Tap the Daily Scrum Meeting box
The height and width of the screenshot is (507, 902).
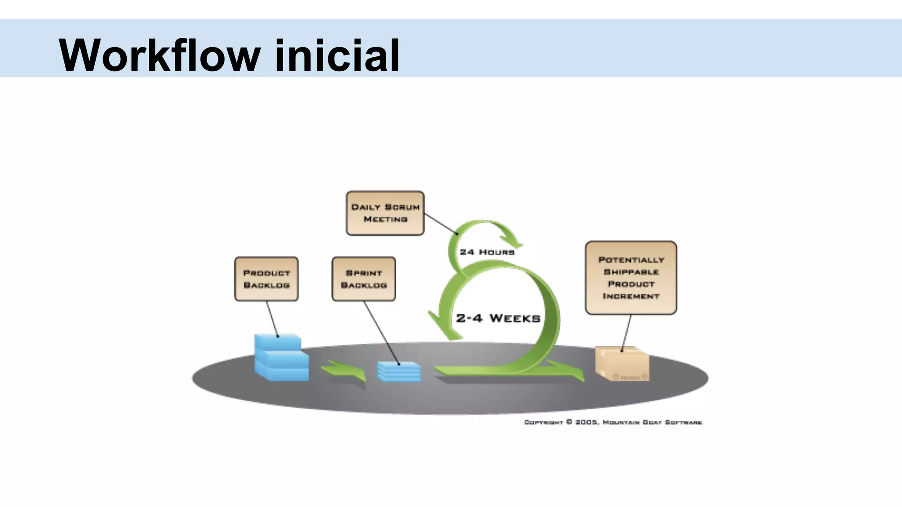(x=385, y=213)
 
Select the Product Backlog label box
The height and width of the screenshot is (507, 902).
(x=266, y=279)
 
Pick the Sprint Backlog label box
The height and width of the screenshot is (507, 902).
(x=363, y=279)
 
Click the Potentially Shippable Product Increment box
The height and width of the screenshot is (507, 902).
(x=631, y=278)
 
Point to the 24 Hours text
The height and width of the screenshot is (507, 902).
(x=487, y=252)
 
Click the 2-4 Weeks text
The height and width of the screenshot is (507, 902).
(x=498, y=318)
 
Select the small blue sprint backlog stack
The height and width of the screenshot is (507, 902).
(x=399, y=372)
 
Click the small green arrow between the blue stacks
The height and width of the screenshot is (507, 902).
(x=344, y=371)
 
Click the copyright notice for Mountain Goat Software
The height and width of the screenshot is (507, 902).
(x=613, y=422)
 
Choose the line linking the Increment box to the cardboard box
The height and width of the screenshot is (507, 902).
(x=626, y=333)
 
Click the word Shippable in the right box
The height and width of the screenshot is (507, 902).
(x=631, y=272)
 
